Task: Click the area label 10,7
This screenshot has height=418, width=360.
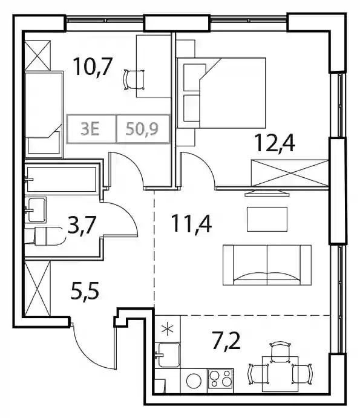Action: point(93,67)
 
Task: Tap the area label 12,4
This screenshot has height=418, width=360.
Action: point(275,143)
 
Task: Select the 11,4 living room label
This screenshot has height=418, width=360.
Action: point(191,224)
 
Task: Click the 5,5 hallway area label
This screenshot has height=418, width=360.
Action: point(85,292)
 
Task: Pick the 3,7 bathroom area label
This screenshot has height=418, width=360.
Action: point(82,225)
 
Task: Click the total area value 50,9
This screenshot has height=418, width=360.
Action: point(142,129)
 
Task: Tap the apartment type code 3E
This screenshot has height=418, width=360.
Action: point(90,129)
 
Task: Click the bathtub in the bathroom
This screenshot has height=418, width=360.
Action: point(62,179)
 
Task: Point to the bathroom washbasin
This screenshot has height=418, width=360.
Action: point(36,210)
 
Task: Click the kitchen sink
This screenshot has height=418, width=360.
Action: point(168,355)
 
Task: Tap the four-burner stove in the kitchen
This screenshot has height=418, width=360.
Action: point(220,379)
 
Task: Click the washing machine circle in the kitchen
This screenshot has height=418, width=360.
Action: point(194,381)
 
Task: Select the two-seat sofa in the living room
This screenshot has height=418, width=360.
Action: point(267,265)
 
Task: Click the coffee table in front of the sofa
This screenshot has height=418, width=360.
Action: point(267,219)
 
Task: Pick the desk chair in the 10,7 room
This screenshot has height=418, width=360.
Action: point(135,80)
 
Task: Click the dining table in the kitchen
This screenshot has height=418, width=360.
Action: point(280,373)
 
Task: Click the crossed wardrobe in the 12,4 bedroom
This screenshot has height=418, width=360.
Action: point(290,173)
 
